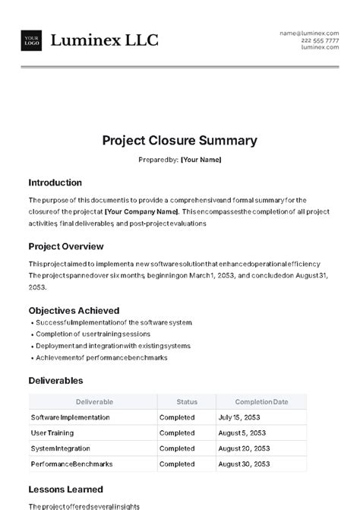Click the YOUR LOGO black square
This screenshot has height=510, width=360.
32,40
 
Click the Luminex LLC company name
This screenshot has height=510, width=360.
104,40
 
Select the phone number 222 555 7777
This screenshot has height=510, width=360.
321,40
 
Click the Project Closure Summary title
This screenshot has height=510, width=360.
180,141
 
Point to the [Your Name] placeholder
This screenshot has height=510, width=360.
201,160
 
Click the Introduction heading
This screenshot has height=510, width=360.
55,183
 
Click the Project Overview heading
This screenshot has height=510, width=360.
65,246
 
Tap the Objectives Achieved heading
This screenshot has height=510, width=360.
74,310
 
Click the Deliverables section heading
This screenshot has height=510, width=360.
55,380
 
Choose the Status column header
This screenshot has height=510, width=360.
186,402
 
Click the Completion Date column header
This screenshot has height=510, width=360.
261,402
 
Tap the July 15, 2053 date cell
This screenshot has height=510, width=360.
239,417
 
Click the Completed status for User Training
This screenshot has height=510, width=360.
177,432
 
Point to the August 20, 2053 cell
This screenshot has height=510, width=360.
243,448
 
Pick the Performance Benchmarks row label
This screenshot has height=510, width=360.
73,464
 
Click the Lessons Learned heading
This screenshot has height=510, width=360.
65,489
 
